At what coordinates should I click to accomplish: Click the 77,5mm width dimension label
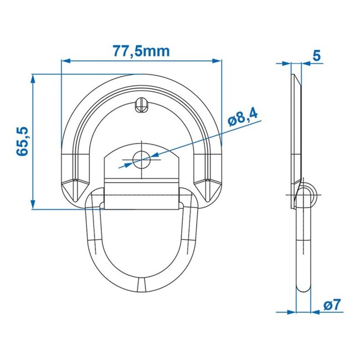click(x=141, y=52)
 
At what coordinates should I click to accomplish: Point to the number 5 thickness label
click(x=317, y=55)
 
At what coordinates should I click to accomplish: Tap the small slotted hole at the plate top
click(x=141, y=104)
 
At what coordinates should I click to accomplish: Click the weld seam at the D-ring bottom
click(x=141, y=285)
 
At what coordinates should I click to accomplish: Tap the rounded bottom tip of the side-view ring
click(x=302, y=290)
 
